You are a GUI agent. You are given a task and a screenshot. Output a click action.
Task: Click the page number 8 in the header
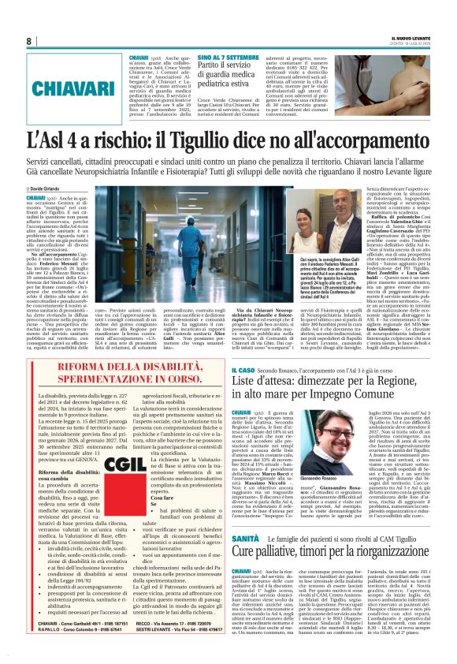click(28, 41)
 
